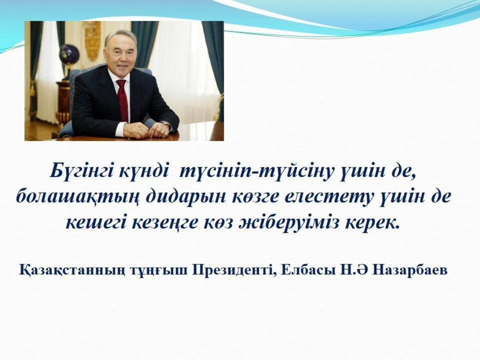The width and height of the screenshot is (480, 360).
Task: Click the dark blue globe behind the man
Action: (69, 54)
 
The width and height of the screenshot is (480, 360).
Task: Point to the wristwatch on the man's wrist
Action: (166, 124)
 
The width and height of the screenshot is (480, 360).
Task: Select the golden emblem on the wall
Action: (93, 40)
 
